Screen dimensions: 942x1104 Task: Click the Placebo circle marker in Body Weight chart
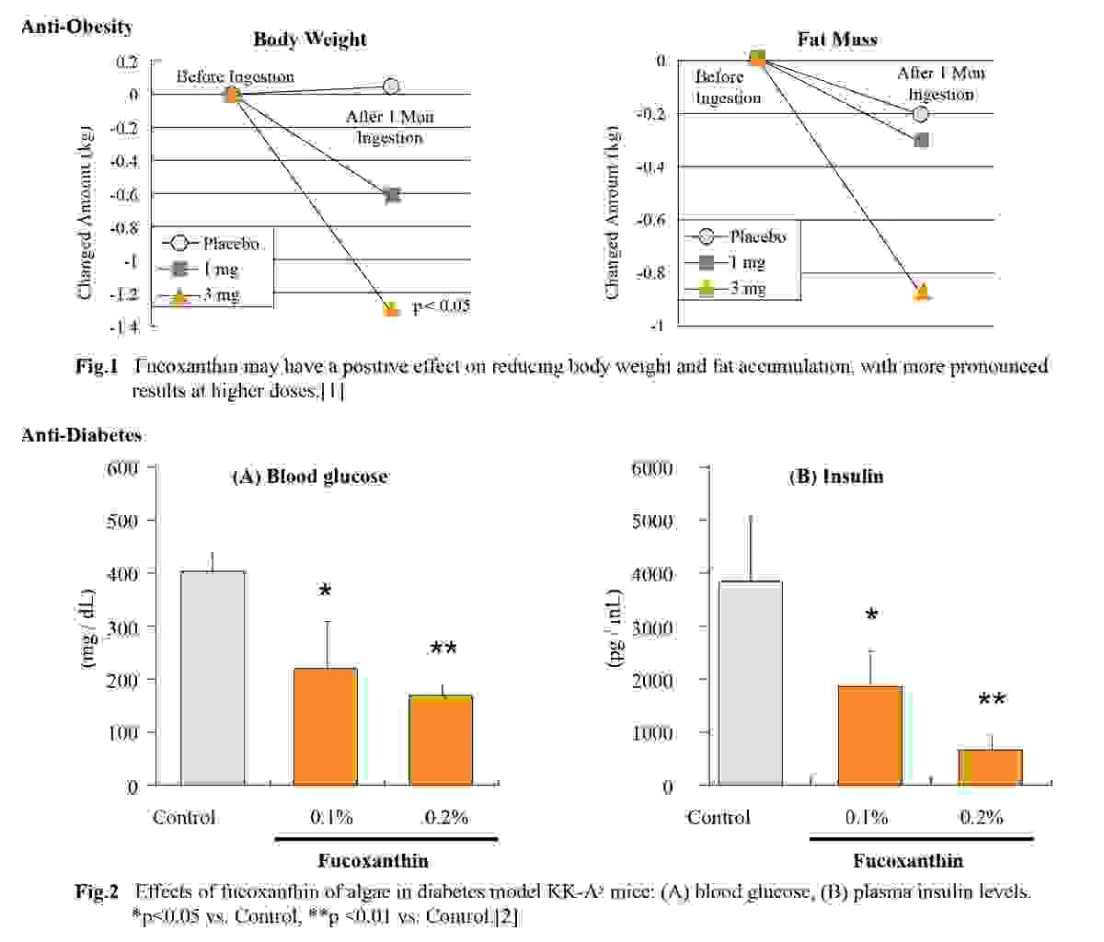[x=391, y=86]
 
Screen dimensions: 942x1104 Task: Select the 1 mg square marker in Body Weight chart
[x=392, y=194]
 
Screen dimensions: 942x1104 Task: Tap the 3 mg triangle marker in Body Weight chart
[x=392, y=309]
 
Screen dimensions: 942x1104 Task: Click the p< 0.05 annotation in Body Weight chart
[x=441, y=306]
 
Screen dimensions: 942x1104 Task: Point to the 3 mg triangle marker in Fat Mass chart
[x=923, y=292]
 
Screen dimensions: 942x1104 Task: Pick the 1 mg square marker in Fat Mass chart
[x=922, y=140]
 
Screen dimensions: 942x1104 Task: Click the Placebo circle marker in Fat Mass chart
[x=921, y=113]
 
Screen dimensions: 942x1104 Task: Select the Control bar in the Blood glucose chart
[x=213, y=678]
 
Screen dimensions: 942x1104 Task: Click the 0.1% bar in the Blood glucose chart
[x=326, y=727]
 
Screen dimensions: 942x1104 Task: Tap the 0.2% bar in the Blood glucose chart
[x=442, y=741]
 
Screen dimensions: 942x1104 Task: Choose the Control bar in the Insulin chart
[x=750, y=684]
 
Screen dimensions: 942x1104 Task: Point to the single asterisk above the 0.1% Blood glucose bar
[x=325, y=592]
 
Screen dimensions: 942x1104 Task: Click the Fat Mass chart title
[x=836, y=39]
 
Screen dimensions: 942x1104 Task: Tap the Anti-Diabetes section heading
[x=82, y=435]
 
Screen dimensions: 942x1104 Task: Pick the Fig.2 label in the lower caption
[x=98, y=891]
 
